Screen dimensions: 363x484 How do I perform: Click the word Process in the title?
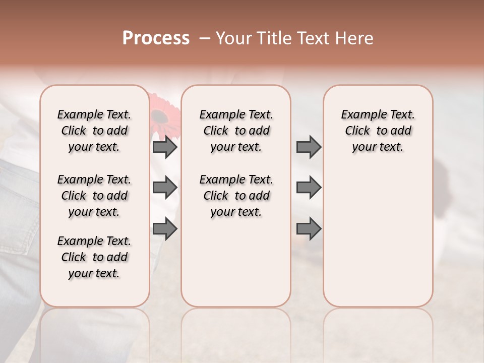tap(156, 38)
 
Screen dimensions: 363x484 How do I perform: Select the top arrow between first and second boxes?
tap(165, 147)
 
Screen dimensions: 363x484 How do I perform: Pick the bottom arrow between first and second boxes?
tap(165, 228)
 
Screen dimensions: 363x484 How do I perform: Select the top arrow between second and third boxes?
tap(309, 147)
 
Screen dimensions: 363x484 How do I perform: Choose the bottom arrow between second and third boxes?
tap(309, 228)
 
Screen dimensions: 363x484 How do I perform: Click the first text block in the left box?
tap(94, 131)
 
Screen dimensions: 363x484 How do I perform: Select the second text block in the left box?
tap(94, 196)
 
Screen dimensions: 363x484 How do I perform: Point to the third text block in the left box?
tap(94, 257)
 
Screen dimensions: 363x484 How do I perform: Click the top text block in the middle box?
tap(236, 131)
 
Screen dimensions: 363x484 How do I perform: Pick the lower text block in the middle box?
tap(236, 196)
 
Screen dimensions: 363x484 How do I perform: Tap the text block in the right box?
tap(378, 131)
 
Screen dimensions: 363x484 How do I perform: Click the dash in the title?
tap(204, 38)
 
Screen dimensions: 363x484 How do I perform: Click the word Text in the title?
tap(312, 38)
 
